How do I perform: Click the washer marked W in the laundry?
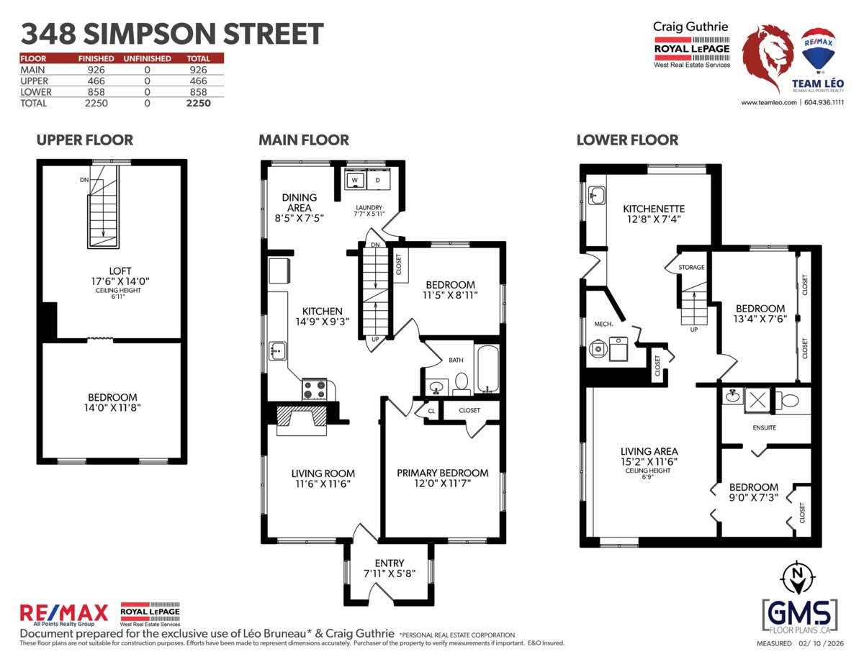[x=355, y=180]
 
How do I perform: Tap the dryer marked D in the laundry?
[x=378, y=180]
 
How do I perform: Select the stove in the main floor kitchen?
[x=315, y=389]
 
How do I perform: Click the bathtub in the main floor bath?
[x=486, y=369]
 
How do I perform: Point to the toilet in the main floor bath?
[x=462, y=384]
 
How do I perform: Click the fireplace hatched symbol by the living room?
[x=302, y=417]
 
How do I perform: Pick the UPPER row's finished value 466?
[x=96, y=81]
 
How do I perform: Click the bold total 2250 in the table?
[x=199, y=104]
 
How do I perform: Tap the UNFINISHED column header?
[x=147, y=58]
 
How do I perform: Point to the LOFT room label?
[x=120, y=271]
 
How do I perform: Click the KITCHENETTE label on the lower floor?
[x=654, y=209]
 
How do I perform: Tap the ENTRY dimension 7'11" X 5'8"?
[x=390, y=573]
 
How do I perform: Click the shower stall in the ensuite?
[x=757, y=400]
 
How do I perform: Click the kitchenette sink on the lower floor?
[x=597, y=196]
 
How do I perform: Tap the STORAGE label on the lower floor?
[x=691, y=268]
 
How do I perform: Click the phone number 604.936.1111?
[x=824, y=102]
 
